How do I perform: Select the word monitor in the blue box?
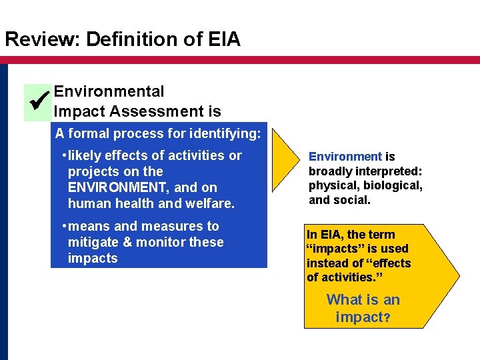click(x=163, y=242)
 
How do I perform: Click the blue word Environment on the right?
click(x=345, y=157)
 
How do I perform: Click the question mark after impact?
click(x=386, y=317)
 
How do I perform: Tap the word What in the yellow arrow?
click(x=344, y=300)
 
